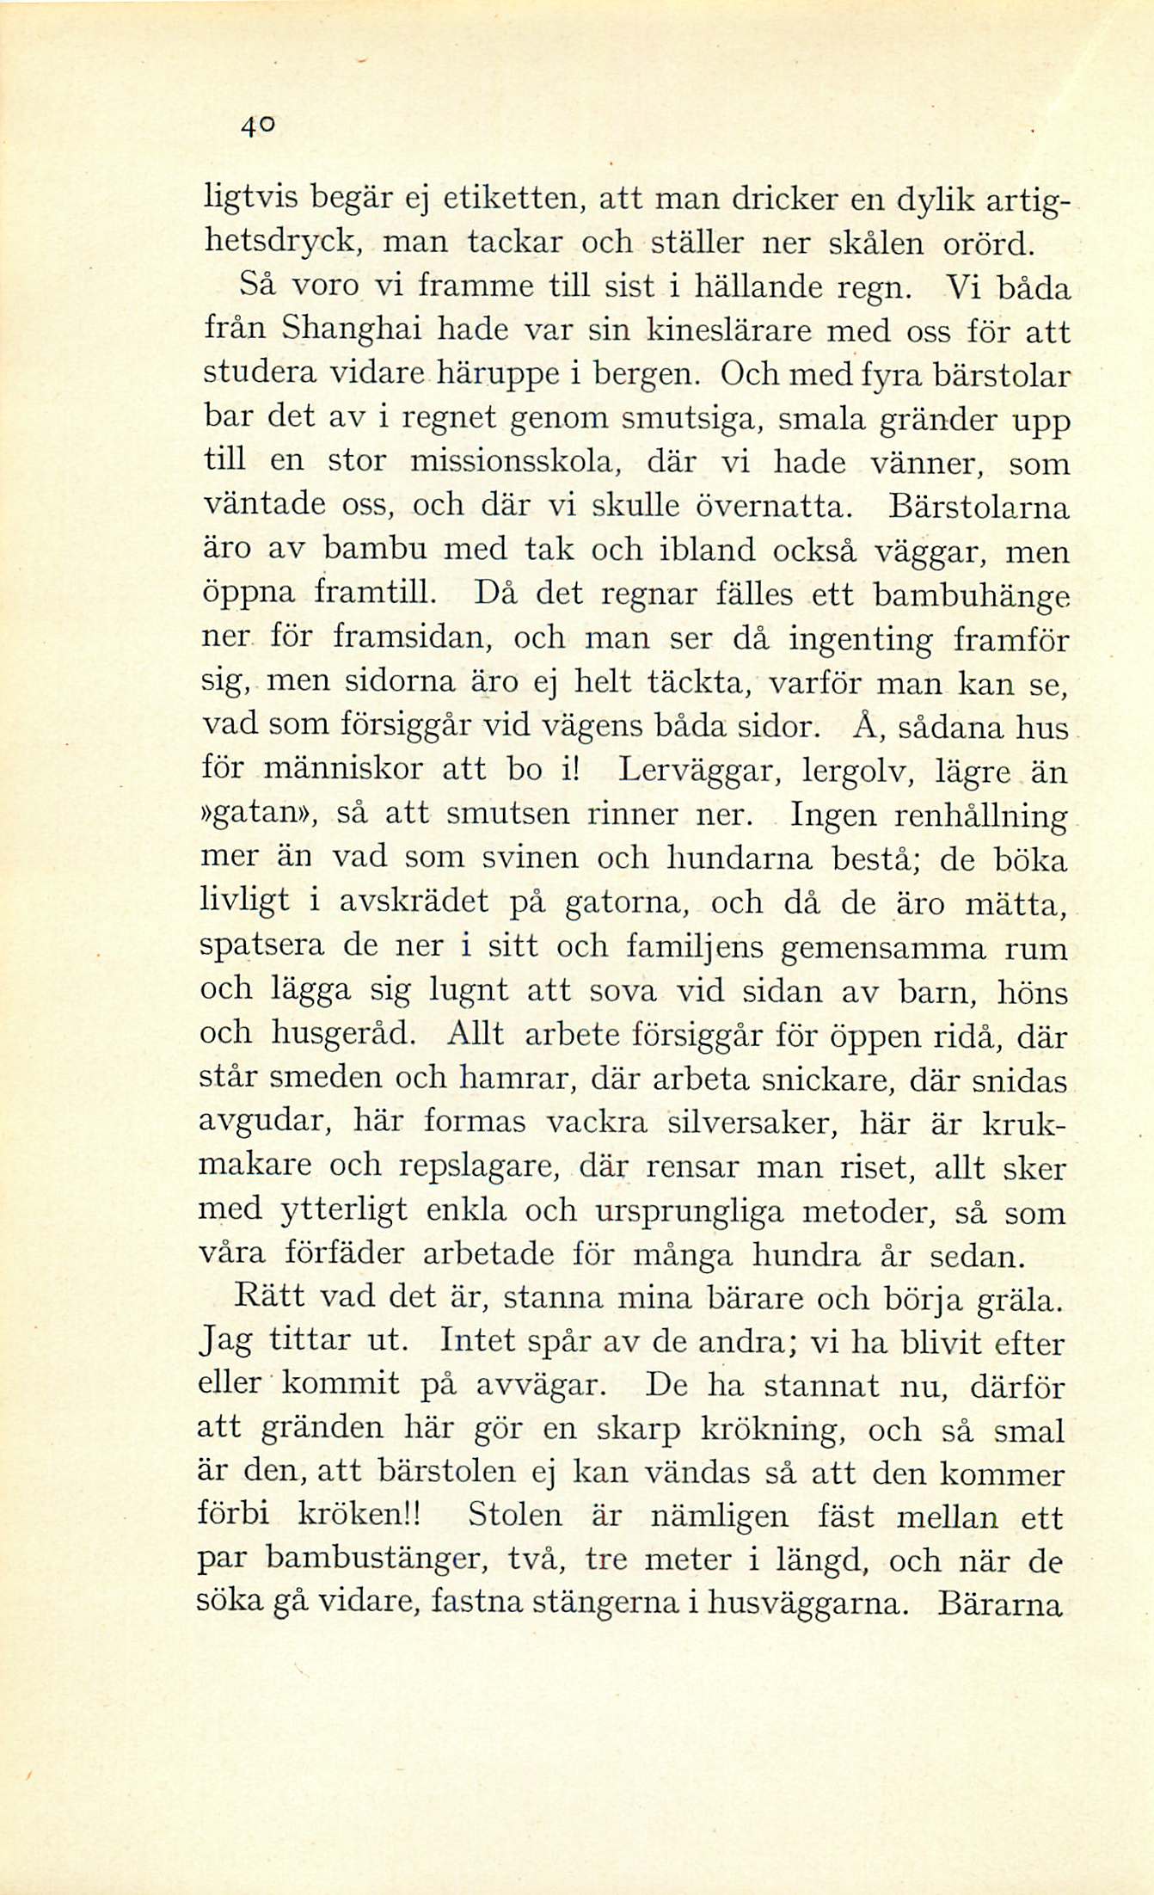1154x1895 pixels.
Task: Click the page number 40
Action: coord(256,126)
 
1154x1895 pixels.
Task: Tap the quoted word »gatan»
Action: coord(258,815)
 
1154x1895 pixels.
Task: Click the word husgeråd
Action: coord(343,1033)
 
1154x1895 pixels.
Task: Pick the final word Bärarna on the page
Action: coord(999,1603)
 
